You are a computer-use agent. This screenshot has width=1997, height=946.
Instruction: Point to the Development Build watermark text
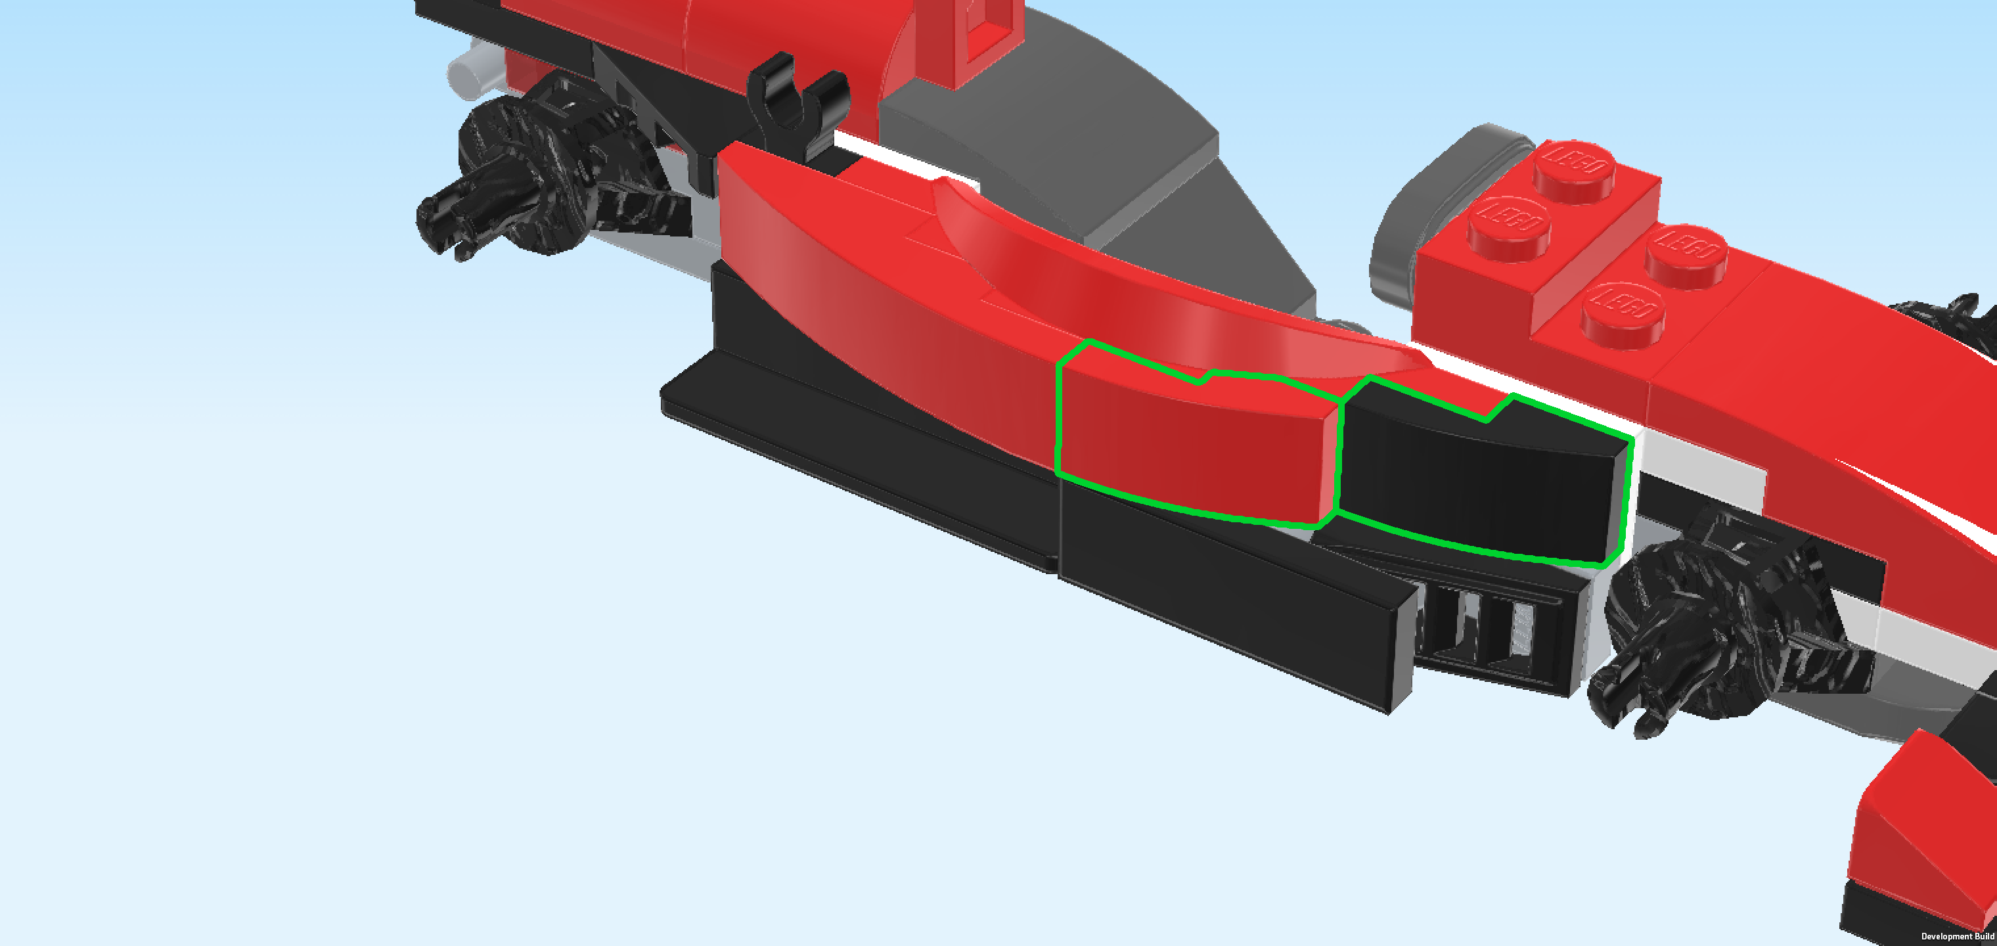click(1957, 937)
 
